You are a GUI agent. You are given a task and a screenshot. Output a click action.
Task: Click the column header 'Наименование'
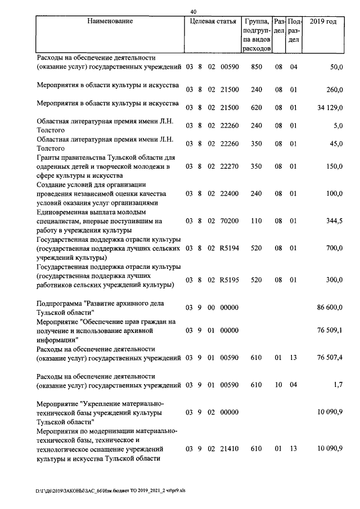110,21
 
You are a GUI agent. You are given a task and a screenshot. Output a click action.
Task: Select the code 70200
229,220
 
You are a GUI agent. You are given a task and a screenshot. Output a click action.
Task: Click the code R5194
229,248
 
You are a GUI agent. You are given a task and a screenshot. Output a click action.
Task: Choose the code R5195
229,280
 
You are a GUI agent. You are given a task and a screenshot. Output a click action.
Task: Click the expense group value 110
256,220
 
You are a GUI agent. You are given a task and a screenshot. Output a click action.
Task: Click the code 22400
229,193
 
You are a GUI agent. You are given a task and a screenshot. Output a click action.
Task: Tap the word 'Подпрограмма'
61,304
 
